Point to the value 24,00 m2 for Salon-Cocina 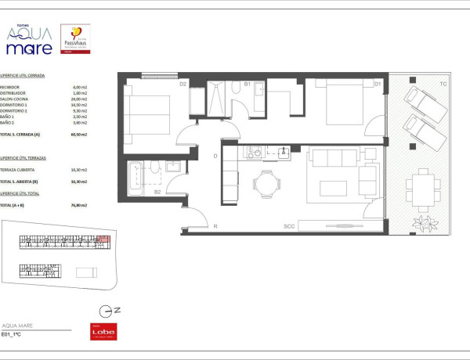click(x=78, y=99)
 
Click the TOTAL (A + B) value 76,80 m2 click(x=78, y=206)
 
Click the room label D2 click(x=183, y=84)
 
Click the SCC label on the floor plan click(x=289, y=227)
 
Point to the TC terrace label click(x=443, y=84)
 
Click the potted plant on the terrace click(x=425, y=225)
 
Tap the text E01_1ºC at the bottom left click(x=12, y=334)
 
